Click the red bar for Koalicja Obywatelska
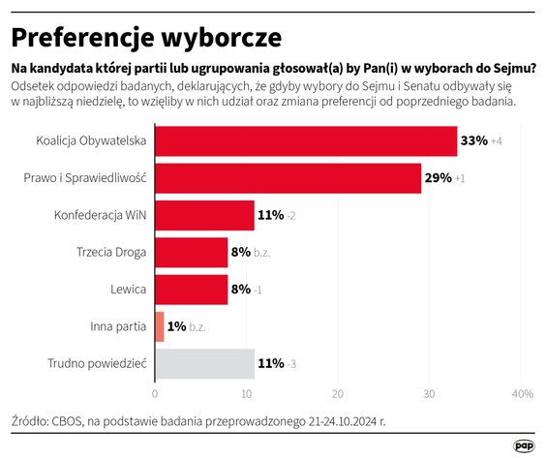[305, 141]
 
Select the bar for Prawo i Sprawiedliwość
[288, 178]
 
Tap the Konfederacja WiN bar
[204, 215]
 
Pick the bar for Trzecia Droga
[191, 252]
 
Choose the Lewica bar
[191, 289]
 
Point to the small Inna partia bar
[159, 326]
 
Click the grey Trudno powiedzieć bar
[204, 363]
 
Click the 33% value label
[473, 141]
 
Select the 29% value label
[438, 178]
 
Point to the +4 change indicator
[497, 142]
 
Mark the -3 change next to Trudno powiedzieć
[293, 364]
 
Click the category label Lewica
[129, 289]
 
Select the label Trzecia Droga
[111, 252]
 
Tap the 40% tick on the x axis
[522, 394]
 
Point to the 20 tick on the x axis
[338, 394]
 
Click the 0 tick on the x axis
[155, 394]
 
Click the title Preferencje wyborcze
[145, 37]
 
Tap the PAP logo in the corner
[524, 445]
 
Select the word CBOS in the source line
[71, 421]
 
